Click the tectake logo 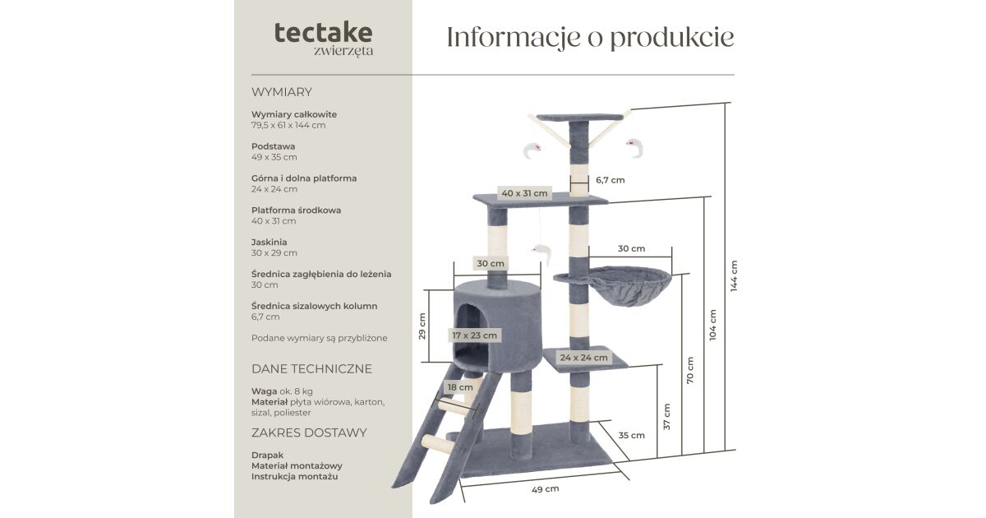tap(323, 34)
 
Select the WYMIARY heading tap(282, 92)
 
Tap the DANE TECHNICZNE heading tap(311, 369)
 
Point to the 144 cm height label tap(734, 276)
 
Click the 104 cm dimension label tap(712, 325)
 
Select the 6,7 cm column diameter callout tap(610, 180)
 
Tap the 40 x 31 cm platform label tap(524, 194)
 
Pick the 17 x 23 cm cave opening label tap(474, 335)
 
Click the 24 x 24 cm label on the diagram tap(584, 358)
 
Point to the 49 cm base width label tap(545, 489)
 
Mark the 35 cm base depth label tap(631, 435)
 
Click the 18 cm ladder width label tap(460, 387)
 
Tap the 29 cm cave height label tap(422, 326)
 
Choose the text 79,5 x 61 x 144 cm tap(288, 125)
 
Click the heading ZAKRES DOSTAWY tap(309, 433)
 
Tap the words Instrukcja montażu tap(294, 476)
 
